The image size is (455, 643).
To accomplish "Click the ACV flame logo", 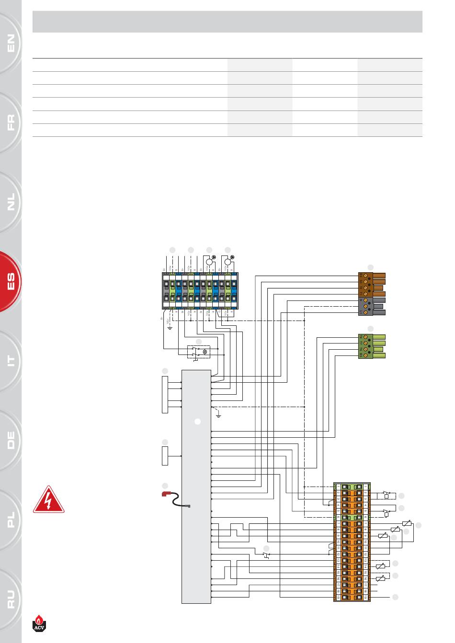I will (x=42, y=622).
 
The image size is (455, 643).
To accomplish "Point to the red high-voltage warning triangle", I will (x=49, y=500).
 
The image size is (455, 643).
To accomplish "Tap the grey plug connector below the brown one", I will (x=372, y=306).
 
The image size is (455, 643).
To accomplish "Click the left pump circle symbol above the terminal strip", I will (x=209, y=261).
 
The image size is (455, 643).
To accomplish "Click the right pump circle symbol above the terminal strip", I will (x=228, y=261).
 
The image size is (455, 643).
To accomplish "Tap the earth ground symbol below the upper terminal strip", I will (x=169, y=328).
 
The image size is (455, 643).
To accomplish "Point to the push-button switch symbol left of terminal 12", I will (x=266, y=555).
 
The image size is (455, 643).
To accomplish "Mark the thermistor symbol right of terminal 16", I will (x=381, y=578).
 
